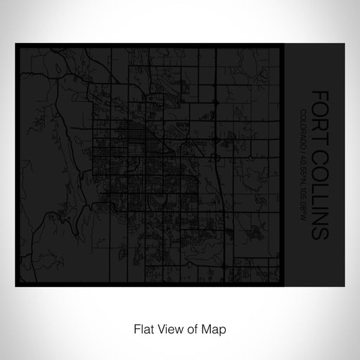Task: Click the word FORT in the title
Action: (321, 107)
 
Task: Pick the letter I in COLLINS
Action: (321, 200)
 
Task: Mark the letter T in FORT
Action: (321, 124)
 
